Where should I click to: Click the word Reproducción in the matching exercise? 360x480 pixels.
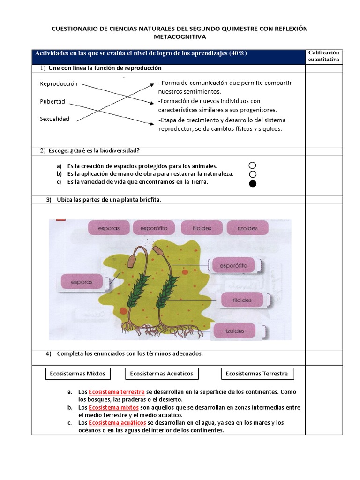[x=59, y=84]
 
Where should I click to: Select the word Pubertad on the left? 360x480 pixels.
[x=52, y=101]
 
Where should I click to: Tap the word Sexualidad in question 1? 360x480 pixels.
[x=54, y=119]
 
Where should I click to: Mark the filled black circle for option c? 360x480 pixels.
[x=253, y=183]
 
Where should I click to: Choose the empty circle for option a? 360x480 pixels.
[x=253, y=165]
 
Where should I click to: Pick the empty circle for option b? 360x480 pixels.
[x=253, y=174]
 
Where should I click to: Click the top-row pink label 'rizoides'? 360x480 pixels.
[x=247, y=228]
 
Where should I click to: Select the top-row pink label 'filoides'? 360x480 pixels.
[x=202, y=228]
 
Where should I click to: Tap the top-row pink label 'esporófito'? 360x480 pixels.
[x=153, y=228]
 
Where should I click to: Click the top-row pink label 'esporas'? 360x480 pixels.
[x=109, y=228]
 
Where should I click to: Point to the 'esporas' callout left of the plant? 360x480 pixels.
[x=82, y=282]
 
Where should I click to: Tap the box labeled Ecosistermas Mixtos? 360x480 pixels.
[x=78, y=374]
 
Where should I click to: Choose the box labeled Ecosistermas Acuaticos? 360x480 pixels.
[x=162, y=374]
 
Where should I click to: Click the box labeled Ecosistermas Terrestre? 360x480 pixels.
[x=257, y=374]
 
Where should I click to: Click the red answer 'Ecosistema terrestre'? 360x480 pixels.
[x=117, y=391]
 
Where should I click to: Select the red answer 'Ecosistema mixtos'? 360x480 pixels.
[x=113, y=407]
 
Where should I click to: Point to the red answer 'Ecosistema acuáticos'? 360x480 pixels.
[x=117, y=423]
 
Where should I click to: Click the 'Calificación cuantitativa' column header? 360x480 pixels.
[x=323, y=56]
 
